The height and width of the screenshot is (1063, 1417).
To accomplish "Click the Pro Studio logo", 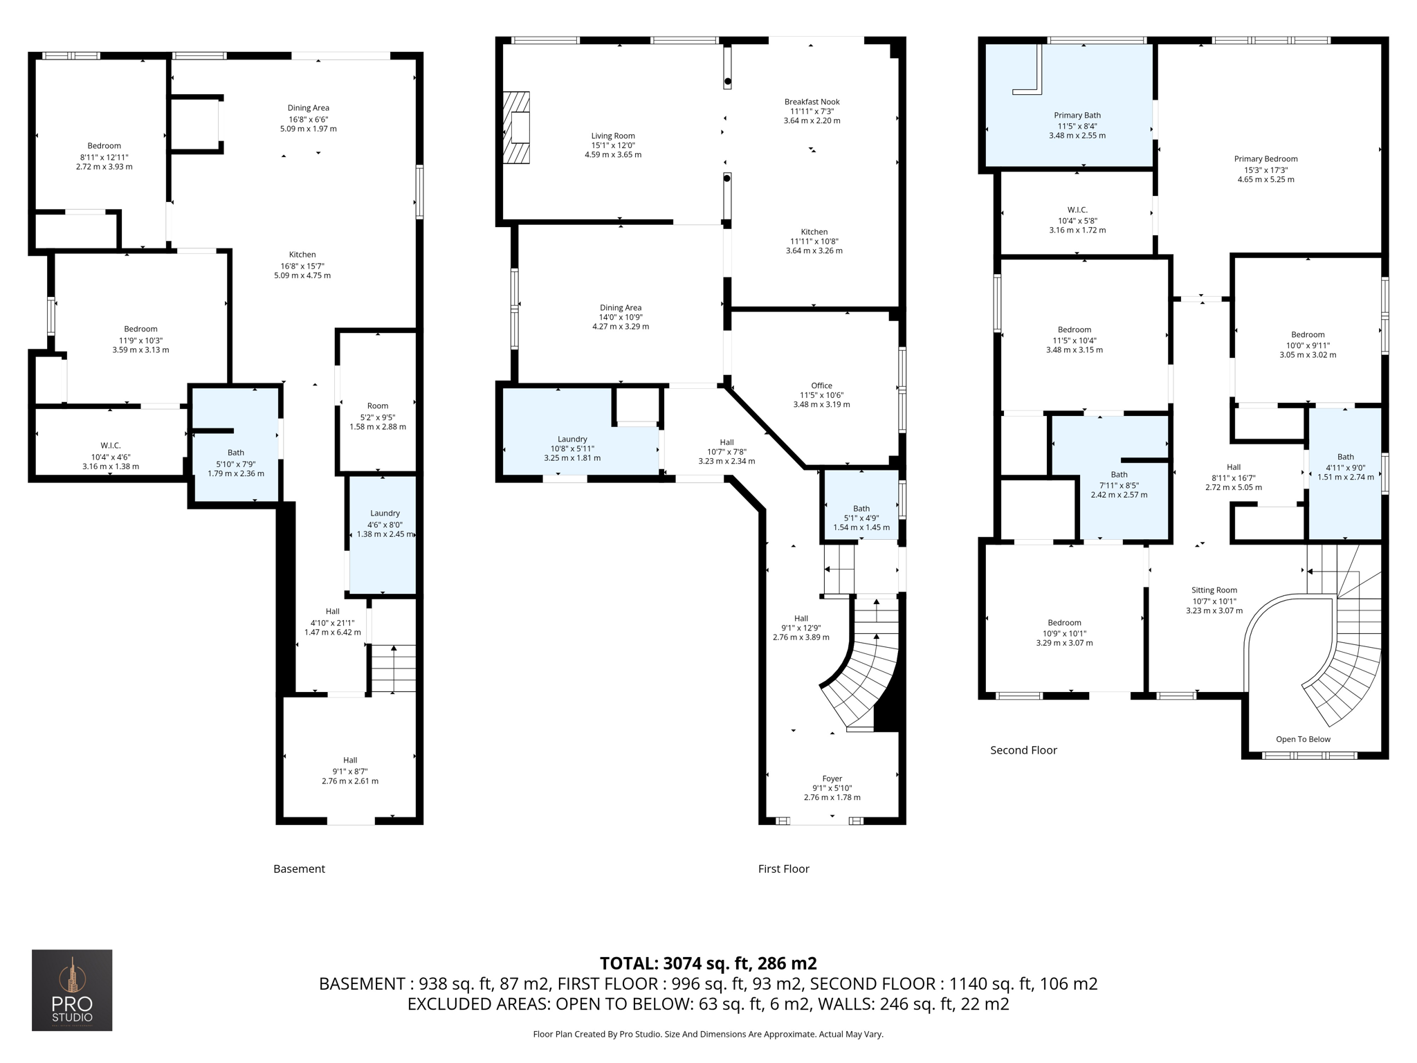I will (72, 990).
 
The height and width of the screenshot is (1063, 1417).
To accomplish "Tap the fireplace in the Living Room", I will (517, 127).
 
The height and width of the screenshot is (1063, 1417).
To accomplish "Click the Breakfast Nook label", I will (812, 102).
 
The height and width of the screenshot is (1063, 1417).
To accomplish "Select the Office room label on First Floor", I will (821, 385).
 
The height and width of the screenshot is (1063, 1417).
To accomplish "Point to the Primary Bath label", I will (1077, 116).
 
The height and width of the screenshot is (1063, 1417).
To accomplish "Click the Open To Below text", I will (1303, 739).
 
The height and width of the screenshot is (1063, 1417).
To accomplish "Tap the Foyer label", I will (832, 779).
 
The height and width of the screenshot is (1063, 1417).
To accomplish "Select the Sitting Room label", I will (1214, 590).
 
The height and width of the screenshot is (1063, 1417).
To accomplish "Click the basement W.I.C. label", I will (110, 446).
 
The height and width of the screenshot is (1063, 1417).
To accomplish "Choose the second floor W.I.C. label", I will (1077, 210).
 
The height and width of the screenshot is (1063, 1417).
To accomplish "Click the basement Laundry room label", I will (385, 514).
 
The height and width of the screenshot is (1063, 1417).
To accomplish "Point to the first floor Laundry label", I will (572, 439).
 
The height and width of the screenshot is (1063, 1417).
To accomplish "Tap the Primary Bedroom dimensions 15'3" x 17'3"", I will (1265, 170).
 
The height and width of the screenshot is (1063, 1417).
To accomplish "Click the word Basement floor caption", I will (299, 869).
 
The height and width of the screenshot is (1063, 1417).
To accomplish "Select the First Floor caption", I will (783, 869).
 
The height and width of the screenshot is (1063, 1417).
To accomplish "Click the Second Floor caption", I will (1023, 750).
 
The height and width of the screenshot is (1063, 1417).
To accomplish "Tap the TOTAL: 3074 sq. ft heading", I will (708, 963).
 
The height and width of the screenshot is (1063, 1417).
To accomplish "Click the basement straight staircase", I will (394, 668).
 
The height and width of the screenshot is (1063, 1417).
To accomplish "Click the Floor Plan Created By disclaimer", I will (708, 1034).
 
